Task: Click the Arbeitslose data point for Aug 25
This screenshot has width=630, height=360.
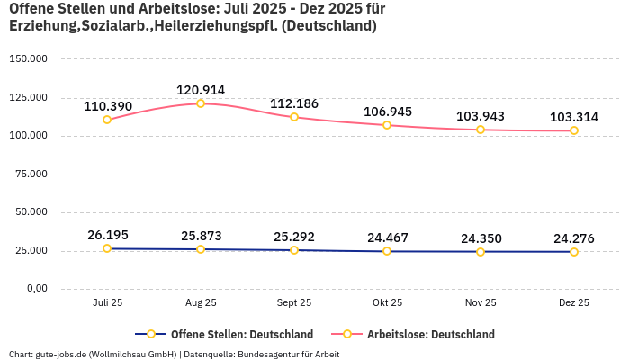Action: (201, 103)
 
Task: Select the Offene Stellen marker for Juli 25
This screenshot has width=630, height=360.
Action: (107, 248)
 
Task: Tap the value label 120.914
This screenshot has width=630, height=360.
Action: (201, 90)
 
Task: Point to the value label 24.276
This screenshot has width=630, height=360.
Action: (574, 238)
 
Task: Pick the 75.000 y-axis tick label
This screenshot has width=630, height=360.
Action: (30, 174)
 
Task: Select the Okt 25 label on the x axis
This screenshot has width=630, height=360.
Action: (388, 303)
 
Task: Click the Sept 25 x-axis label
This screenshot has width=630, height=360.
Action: (294, 303)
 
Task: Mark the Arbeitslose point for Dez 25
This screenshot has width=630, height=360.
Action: (574, 130)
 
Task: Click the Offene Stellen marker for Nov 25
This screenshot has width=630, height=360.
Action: (481, 252)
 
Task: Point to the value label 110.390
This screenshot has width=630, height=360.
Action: (108, 106)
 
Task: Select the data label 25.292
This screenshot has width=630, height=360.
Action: (294, 237)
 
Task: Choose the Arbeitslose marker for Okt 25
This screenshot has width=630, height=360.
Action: (387, 125)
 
